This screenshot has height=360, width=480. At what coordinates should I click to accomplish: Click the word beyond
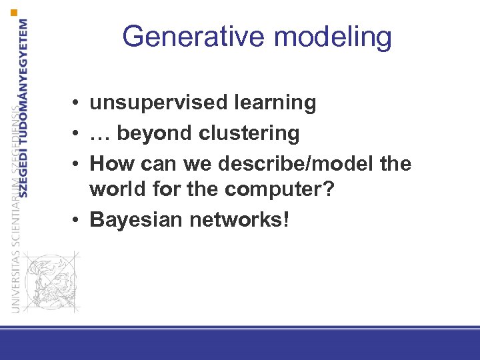point(155,134)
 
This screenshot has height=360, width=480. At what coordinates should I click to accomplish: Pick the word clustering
point(249,134)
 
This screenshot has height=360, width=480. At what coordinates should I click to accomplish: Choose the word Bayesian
point(135,219)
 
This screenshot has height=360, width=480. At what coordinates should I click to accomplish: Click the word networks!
point(239,219)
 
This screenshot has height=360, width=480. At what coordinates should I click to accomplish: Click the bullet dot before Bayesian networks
point(78,219)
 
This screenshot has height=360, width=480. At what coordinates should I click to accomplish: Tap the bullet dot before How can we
point(78,164)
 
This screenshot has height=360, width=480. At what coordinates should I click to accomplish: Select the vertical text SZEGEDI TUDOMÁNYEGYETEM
point(24,107)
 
